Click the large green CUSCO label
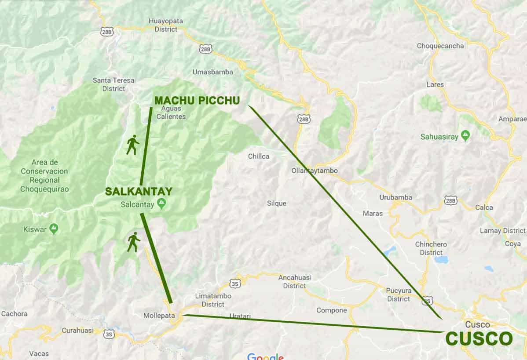tap(479, 339)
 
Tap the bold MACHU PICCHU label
tap(197, 101)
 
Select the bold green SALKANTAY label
tap(139, 191)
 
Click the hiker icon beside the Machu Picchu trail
tap(132, 145)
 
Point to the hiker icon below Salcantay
tap(133, 242)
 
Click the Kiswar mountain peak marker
tap(54, 228)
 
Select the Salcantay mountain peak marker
tap(162, 203)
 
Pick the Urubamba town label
tap(395, 197)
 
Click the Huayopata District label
tap(166, 25)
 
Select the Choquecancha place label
tap(440, 46)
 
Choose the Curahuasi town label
tap(78, 330)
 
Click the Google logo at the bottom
tap(265, 356)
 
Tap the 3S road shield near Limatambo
tap(235, 284)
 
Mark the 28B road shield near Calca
tap(450, 200)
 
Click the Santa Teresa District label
tap(113, 84)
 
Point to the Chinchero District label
tap(431, 248)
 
